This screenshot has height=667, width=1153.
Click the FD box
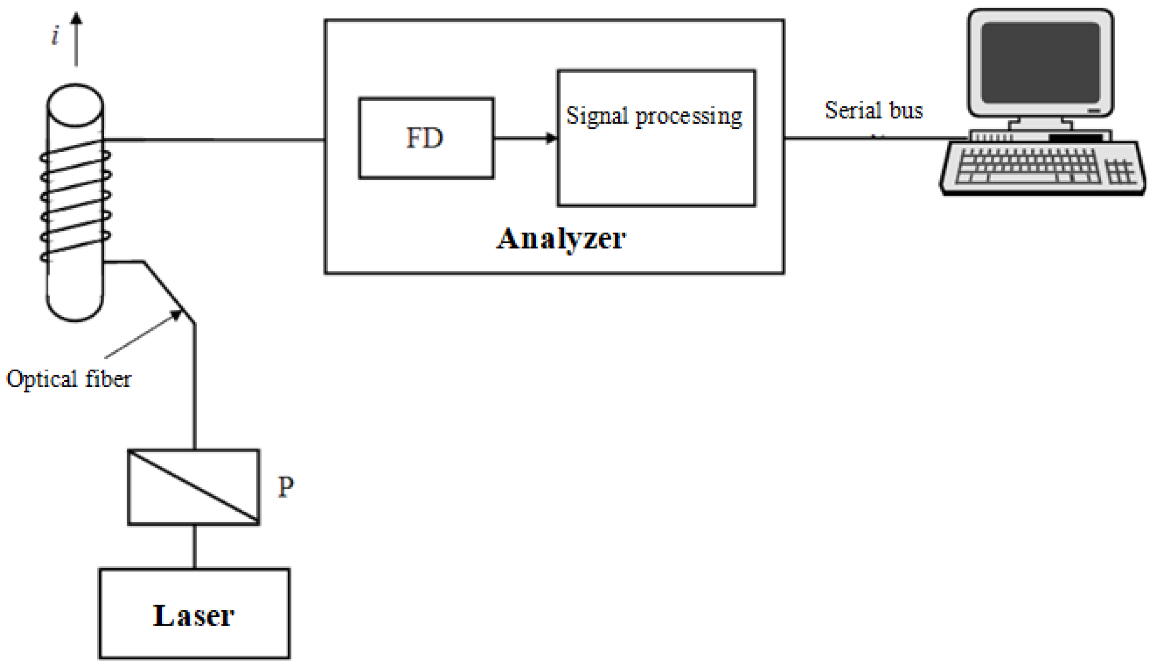tap(426, 138)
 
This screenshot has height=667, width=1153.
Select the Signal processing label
tap(654, 116)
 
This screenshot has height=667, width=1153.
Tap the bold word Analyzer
tap(561, 239)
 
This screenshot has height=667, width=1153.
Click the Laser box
tap(194, 613)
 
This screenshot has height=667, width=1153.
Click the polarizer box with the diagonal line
tap(193, 487)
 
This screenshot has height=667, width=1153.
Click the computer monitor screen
tap(1040, 63)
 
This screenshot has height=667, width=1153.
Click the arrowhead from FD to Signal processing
tap(551, 138)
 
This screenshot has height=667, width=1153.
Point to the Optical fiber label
tap(69, 379)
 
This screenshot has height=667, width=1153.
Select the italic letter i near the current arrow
tap(55, 36)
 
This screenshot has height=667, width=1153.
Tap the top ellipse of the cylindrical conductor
tap(75, 104)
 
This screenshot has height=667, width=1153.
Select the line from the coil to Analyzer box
tap(215, 139)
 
